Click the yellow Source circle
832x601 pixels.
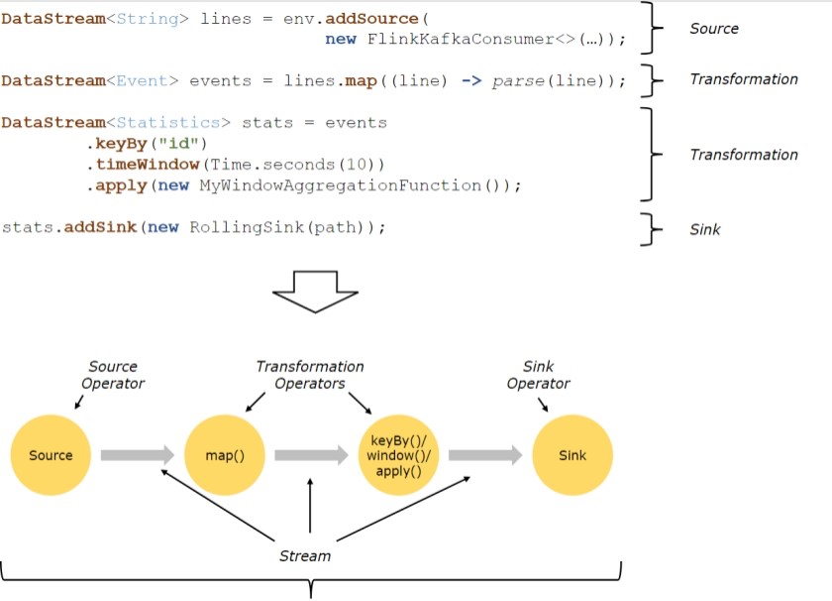[x=51, y=455]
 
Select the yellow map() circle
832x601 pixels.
[x=225, y=455]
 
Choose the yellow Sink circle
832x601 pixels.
[x=572, y=455]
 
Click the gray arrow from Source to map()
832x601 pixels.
[x=137, y=455]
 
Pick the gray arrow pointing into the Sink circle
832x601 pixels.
[x=484, y=455]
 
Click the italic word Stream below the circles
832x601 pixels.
[x=304, y=555]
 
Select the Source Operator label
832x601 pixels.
[x=113, y=375]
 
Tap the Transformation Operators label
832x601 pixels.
[x=310, y=375]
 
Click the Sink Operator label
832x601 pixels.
[x=538, y=375]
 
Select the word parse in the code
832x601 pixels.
[x=518, y=80]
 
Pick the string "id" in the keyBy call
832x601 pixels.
[x=178, y=143]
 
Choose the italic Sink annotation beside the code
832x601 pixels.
[x=705, y=229]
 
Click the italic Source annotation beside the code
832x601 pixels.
[x=714, y=29]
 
